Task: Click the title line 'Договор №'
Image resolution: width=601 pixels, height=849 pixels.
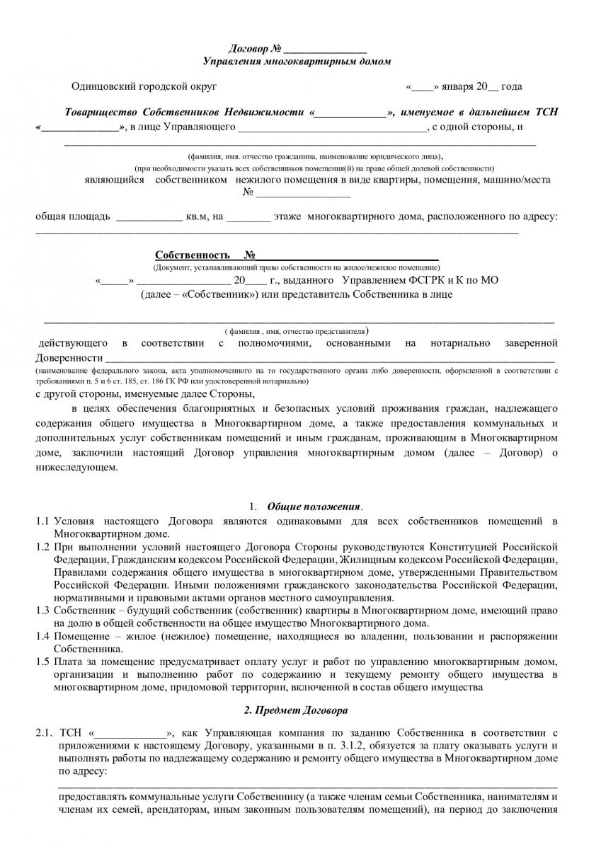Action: coord(256,49)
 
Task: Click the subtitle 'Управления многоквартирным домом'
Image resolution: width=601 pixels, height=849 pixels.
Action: coord(297,62)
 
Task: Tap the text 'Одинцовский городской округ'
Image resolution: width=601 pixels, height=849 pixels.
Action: coord(144,86)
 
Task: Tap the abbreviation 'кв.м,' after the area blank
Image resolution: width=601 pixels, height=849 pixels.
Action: coord(199,216)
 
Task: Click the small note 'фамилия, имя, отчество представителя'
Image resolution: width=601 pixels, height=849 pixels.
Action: coord(294,330)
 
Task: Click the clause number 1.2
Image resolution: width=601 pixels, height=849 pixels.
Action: coord(42,547)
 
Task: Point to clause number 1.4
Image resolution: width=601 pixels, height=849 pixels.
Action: coord(42,635)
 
